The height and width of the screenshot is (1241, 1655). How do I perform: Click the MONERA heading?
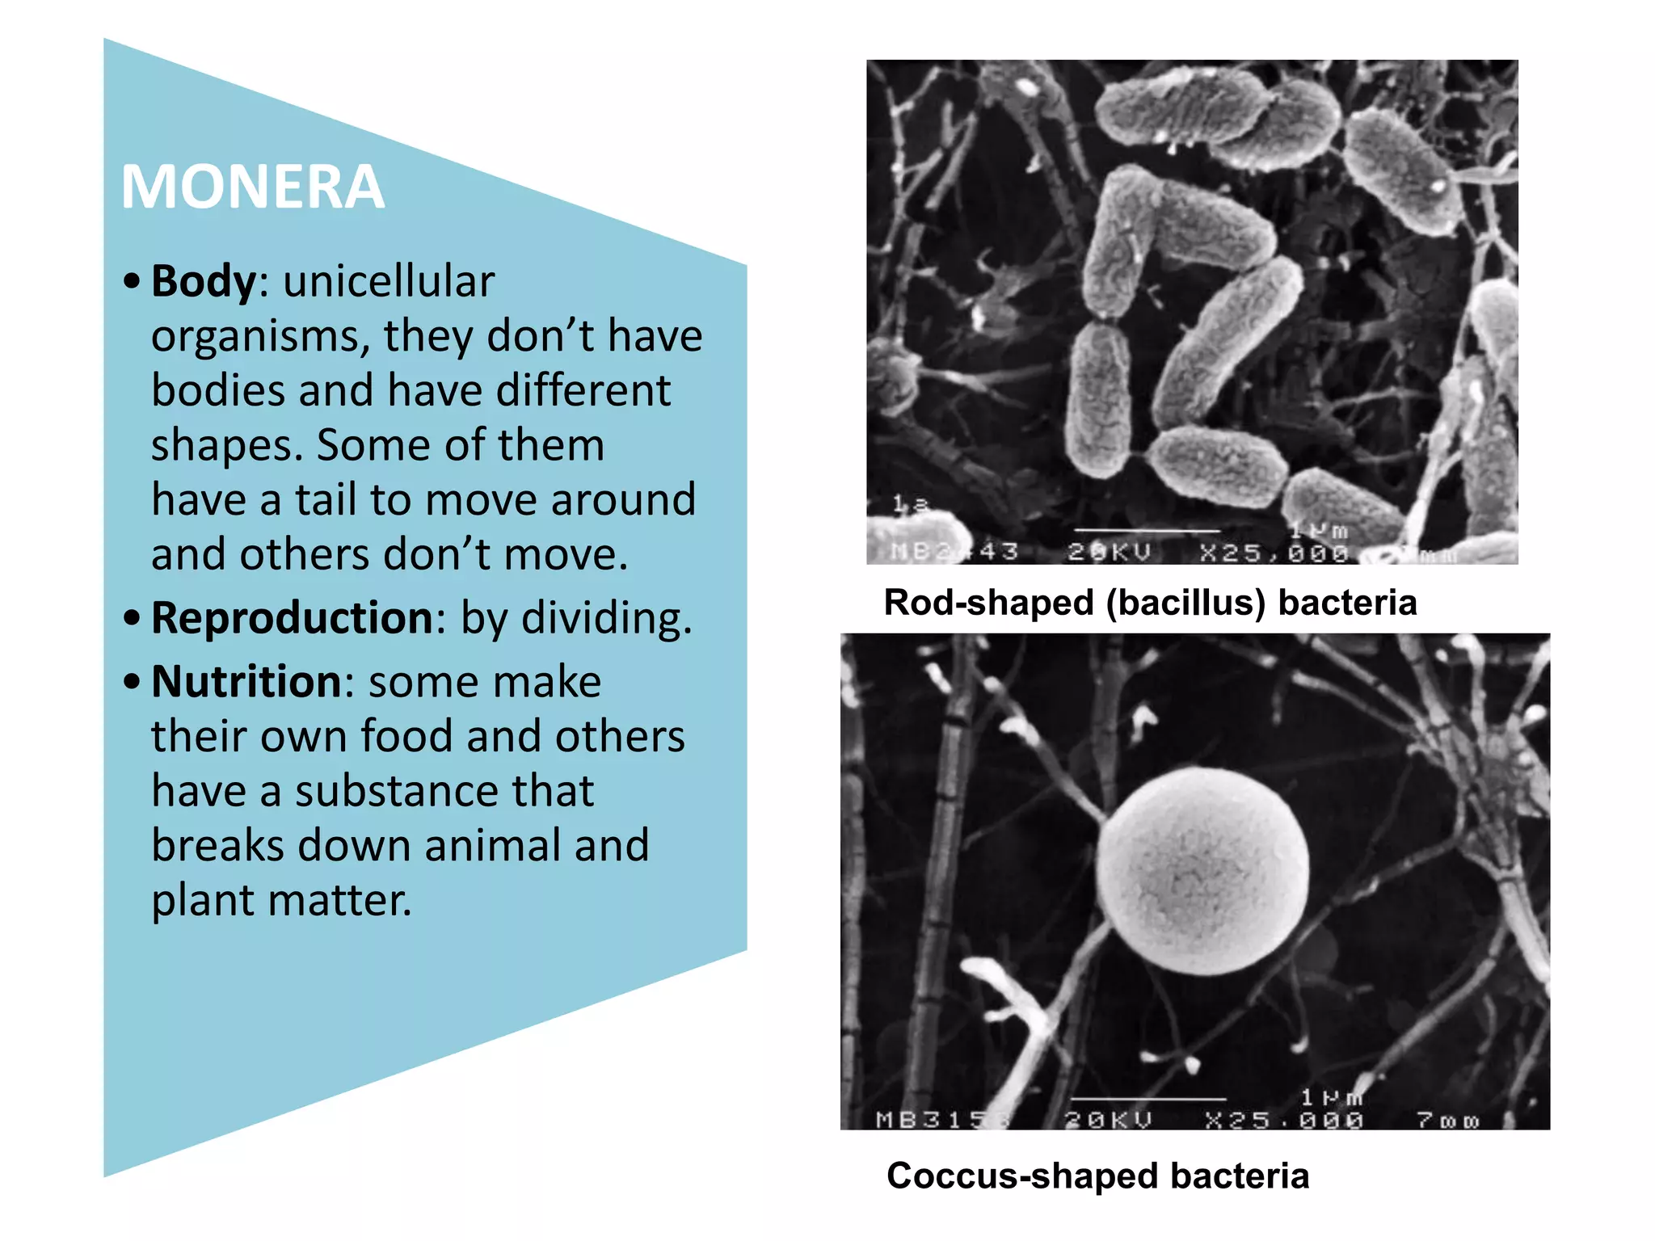pyautogui.click(x=252, y=187)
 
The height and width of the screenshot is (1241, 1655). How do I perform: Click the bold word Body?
pyautogui.click(x=203, y=281)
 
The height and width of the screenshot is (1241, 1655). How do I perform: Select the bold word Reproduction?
pyautogui.click(x=292, y=618)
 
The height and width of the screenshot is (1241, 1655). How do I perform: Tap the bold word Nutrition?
pyautogui.click(x=246, y=681)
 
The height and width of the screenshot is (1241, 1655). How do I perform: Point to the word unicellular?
pyautogui.click(x=389, y=281)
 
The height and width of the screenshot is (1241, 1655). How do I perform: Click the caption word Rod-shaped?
pyautogui.click(x=988, y=603)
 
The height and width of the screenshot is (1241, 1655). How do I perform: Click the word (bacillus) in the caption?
pyautogui.click(x=1185, y=603)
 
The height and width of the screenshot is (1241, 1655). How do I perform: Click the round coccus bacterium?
pyautogui.click(x=1202, y=870)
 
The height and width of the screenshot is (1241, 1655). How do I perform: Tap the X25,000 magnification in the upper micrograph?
pyautogui.click(x=1274, y=553)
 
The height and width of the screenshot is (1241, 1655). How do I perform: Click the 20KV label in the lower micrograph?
pyautogui.click(x=1108, y=1121)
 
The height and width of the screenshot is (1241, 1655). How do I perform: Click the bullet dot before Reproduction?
pyautogui.click(x=133, y=618)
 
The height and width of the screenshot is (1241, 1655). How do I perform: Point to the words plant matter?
pyautogui.click(x=281, y=900)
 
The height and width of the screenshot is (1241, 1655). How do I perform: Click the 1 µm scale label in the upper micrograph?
pyautogui.click(x=1319, y=531)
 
